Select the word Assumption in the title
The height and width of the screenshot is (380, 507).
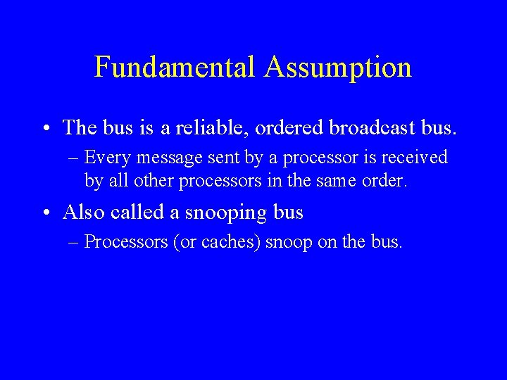point(338,68)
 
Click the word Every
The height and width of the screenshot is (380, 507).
point(105,157)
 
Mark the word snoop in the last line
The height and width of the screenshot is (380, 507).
point(289,243)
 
